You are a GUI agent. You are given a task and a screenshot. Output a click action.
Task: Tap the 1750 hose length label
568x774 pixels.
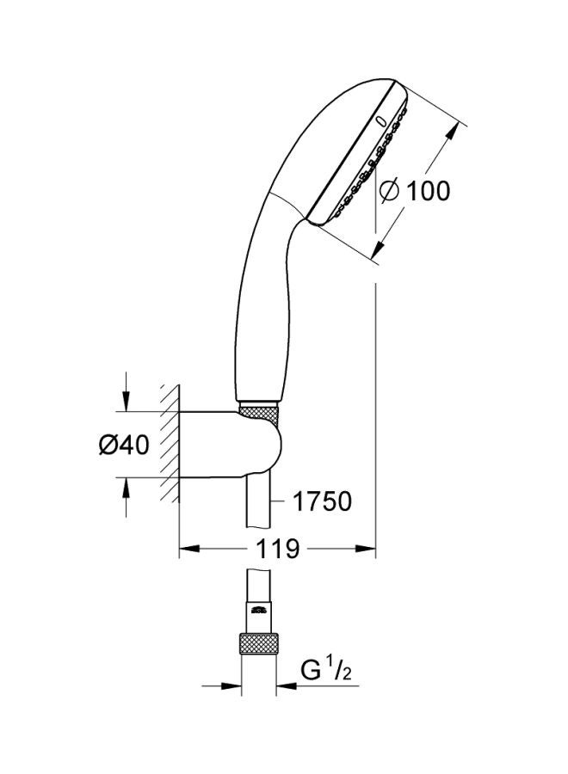point(320,501)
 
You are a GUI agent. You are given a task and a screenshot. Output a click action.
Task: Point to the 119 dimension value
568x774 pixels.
point(275,548)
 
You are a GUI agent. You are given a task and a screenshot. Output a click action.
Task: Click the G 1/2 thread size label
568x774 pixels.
point(326,669)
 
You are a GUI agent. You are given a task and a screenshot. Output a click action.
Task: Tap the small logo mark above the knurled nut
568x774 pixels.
point(257,610)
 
